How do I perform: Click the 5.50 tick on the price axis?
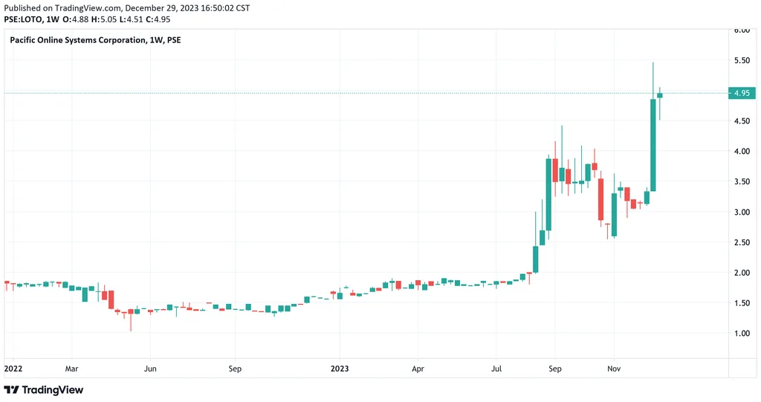pos(741,60)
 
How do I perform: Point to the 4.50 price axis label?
pos(741,121)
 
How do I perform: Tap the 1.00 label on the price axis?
pos(741,334)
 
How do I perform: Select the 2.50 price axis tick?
pos(741,242)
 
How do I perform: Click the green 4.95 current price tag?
pos(741,94)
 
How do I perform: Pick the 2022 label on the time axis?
pos(13,368)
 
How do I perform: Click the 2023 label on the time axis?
pos(340,368)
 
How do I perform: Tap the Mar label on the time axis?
pos(71,368)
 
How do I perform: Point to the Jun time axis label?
pos(150,368)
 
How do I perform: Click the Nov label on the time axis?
pos(614,368)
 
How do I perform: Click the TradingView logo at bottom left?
pos(44,390)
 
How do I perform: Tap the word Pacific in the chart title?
pos(25,40)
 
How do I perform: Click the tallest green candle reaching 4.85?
pos(653,145)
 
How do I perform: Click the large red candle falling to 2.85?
pos(600,199)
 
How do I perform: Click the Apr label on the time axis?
pos(418,368)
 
